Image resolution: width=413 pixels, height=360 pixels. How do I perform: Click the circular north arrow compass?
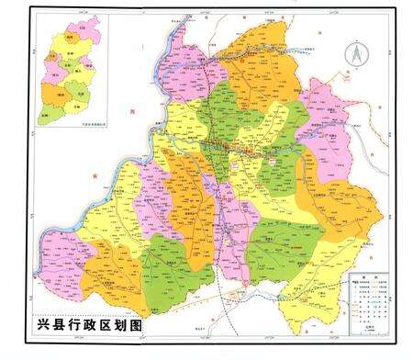pos(352,54)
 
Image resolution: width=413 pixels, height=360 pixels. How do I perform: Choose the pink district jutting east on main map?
pos(326,101)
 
